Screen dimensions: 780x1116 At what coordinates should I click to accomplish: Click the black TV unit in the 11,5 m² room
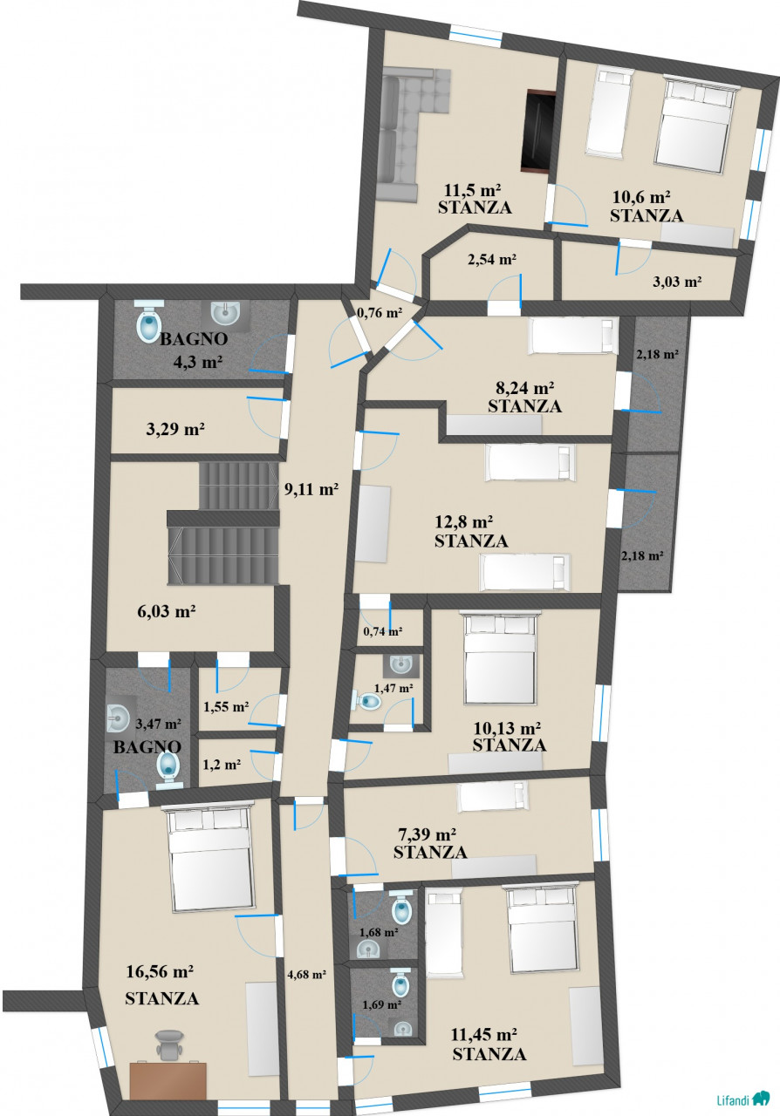tap(537, 131)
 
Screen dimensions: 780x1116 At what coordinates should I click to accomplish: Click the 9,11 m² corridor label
tap(311, 489)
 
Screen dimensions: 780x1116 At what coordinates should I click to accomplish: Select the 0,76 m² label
tap(380, 313)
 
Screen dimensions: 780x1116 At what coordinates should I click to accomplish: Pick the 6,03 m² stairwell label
tap(167, 611)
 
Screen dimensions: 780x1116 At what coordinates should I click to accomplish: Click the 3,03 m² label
tap(677, 282)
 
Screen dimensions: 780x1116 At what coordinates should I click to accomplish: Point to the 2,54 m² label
tap(492, 259)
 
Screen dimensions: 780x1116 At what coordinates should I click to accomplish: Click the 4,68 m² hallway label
tap(307, 975)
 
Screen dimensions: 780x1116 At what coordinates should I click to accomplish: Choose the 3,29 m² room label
tap(175, 429)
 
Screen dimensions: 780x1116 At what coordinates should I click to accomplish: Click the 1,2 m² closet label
tap(222, 765)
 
